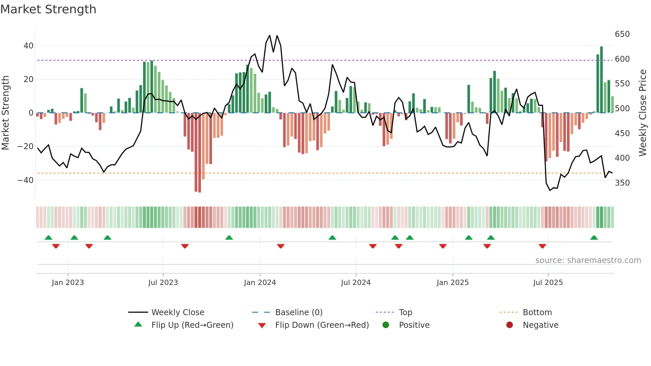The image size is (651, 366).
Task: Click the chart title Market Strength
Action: (x=48, y=9)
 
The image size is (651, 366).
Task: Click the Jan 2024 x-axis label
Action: (x=260, y=283)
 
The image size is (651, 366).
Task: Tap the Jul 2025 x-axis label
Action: (x=548, y=283)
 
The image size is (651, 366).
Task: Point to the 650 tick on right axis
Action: (x=622, y=34)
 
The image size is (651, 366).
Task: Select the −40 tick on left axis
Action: (x=26, y=180)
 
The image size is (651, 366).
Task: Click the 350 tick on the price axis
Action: (x=622, y=183)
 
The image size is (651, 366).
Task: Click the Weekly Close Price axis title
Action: (x=643, y=113)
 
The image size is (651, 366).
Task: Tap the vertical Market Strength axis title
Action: (x=6, y=113)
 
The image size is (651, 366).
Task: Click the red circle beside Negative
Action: (x=510, y=325)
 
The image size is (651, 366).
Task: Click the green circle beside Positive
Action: (x=386, y=325)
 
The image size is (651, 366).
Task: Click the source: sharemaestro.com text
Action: (x=588, y=260)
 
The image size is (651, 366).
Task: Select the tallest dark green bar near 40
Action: (x=602, y=80)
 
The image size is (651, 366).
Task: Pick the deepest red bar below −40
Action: (x=200, y=153)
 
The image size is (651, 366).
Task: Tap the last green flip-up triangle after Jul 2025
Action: (x=594, y=238)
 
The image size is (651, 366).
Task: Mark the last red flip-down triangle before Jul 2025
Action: (x=542, y=246)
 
